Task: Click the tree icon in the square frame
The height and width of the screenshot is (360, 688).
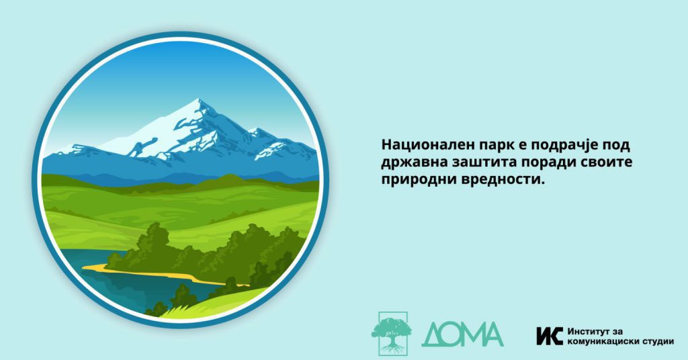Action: (x=392, y=333)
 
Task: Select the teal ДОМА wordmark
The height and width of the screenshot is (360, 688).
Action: (x=462, y=334)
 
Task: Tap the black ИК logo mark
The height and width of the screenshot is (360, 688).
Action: (x=550, y=336)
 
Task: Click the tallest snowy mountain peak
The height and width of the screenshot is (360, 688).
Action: (x=198, y=101)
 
